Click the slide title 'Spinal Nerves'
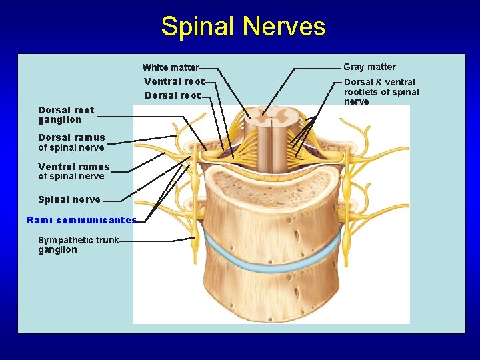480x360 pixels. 243,27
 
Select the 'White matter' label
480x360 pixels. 171,67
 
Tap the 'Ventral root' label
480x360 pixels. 174,81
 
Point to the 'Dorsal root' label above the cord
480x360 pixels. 173,95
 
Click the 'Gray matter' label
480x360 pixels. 369,67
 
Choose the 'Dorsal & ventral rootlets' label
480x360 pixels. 381,92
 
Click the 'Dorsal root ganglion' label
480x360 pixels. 66,115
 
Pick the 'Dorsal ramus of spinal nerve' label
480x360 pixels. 71,143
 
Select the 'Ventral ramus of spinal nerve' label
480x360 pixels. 73,171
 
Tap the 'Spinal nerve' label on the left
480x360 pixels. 69,199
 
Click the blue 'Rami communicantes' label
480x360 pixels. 81,220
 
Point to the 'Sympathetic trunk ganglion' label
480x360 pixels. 78,245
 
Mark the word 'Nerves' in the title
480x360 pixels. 285,27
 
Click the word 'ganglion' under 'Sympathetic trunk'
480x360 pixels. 57,250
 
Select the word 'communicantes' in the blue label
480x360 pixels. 97,220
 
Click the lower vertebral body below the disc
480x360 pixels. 273,293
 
